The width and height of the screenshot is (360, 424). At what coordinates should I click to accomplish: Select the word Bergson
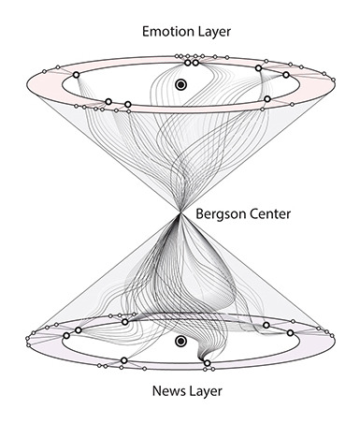(220, 214)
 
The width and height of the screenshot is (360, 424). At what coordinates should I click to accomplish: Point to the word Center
(270, 214)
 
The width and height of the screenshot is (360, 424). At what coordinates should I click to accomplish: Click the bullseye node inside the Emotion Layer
(180, 85)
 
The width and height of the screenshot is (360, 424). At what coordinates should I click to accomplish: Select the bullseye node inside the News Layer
(181, 343)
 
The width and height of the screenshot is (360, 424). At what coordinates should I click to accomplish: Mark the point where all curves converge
(178, 214)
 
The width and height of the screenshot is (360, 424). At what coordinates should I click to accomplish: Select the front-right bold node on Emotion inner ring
(267, 98)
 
